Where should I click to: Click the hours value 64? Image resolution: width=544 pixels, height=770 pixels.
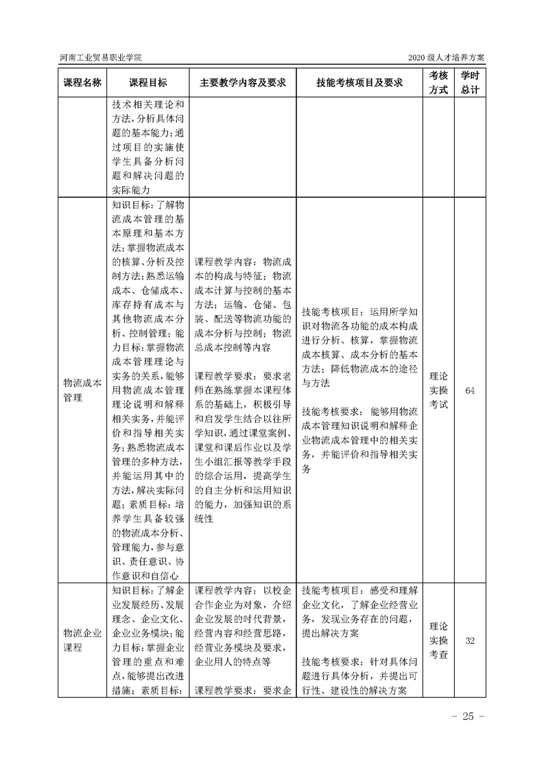coord(470,390)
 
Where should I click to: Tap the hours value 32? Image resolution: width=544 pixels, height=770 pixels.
coord(470,640)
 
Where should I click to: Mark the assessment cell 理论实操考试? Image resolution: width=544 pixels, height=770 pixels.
coord(438,390)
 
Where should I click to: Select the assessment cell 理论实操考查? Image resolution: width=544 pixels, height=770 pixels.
coord(438,640)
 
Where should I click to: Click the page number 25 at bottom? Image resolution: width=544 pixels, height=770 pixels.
coord(469,716)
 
